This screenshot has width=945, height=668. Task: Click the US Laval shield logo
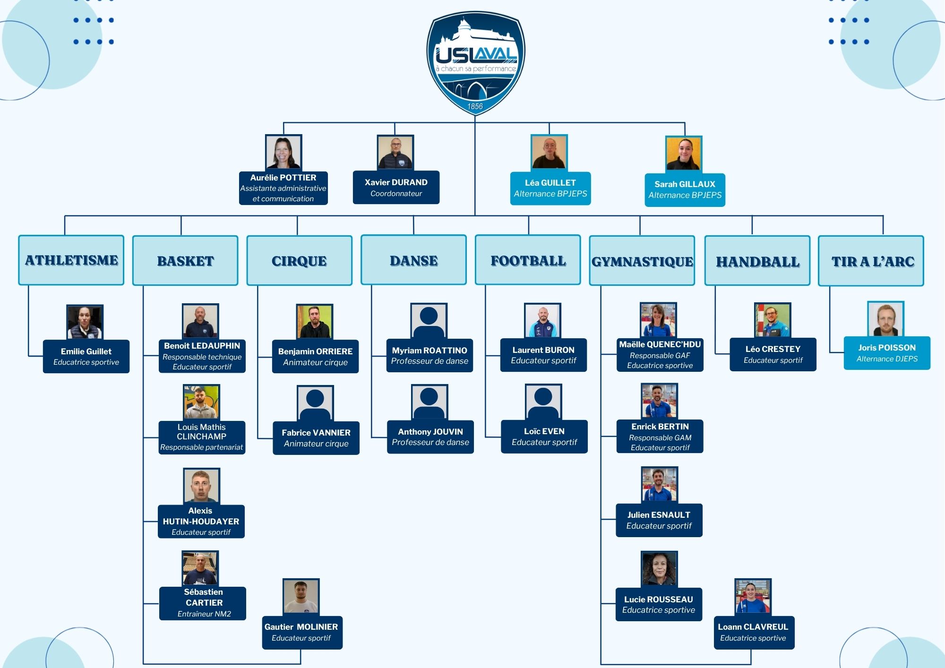pyautogui.click(x=475, y=61)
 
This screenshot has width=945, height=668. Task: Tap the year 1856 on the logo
pyautogui.click(x=475, y=106)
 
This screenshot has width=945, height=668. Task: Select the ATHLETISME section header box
pyautogui.click(x=71, y=260)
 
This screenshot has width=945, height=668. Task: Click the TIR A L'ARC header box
pyautogui.click(x=871, y=261)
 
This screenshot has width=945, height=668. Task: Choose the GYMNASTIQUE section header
pyautogui.click(x=642, y=261)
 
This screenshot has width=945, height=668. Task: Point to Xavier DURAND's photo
pyautogui.click(x=395, y=153)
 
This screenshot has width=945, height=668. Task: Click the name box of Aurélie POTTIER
pyautogui.click(x=283, y=188)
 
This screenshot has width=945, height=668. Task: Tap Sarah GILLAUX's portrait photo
pyautogui.click(x=683, y=154)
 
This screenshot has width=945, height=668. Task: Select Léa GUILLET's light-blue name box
pyautogui.click(x=550, y=188)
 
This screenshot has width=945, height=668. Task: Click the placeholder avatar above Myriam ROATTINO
pyautogui.click(x=429, y=321)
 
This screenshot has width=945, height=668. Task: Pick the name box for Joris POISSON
pyautogui.click(x=887, y=353)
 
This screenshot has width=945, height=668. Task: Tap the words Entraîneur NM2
pyautogui.click(x=204, y=614)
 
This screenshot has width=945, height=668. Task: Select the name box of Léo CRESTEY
pyautogui.click(x=773, y=354)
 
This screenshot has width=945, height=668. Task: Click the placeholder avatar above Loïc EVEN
pyautogui.click(x=543, y=402)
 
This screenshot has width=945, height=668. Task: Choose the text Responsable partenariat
pyautogui.click(x=202, y=447)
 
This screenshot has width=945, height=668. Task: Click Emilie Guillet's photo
pyautogui.click(x=85, y=322)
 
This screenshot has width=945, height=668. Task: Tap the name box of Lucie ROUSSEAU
pyautogui.click(x=659, y=604)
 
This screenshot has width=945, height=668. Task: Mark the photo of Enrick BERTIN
pyautogui.click(x=659, y=401)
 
